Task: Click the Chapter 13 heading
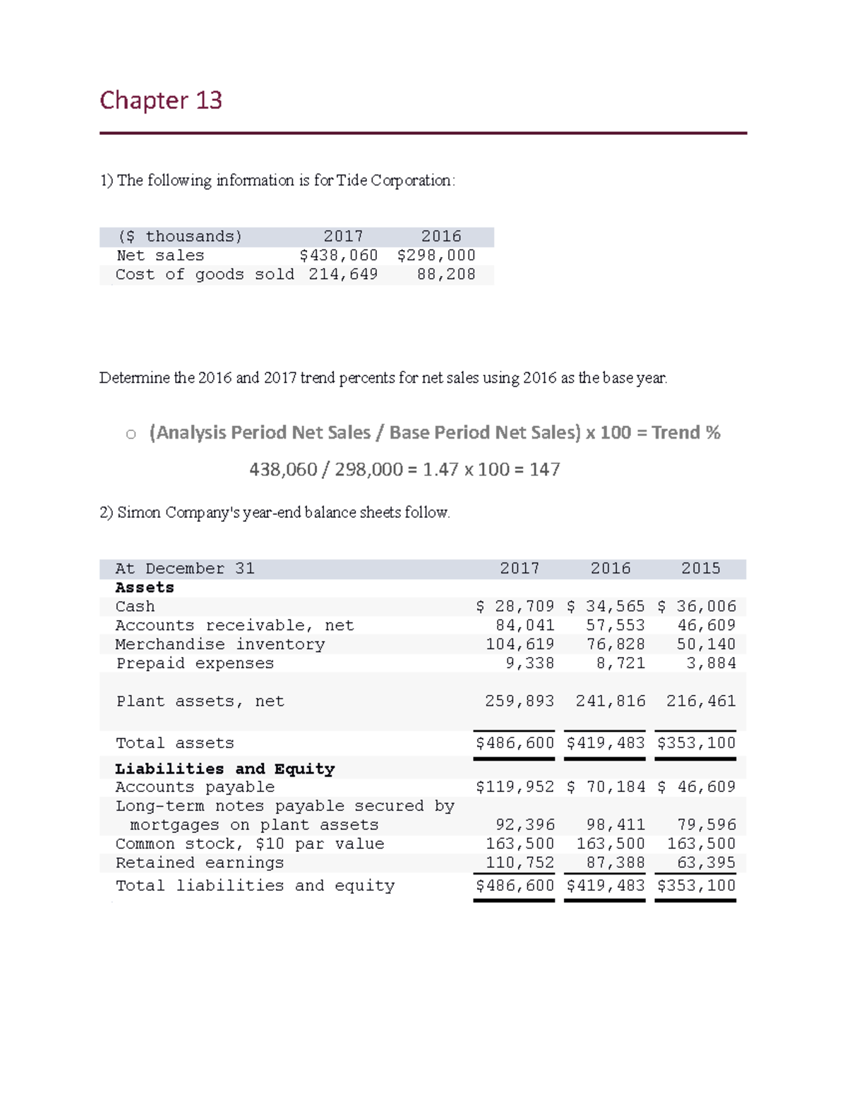pyautogui.click(x=161, y=100)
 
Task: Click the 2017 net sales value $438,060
pyautogui.click(x=339, y=256)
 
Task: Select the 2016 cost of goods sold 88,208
pyautogui.click(x=446, y=275)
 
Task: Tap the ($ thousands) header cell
pyautogui.click(x=179, y=237)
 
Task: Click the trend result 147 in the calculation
pyautogui.click(x=545, y=470)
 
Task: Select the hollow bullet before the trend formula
pyautogui.click(x=131, y=434)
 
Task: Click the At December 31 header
pyautogui.click(x=185, y=569)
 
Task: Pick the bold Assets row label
pyautogui.click(x=145, y=588)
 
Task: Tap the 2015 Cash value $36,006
pyautogui.click(x=697, y=607)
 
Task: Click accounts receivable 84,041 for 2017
pyautogui.click(x=524, y=626)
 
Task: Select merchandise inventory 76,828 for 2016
pyautogui.click(x=615, y=645)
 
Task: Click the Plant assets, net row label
pyautogui.click(x=200, y=701)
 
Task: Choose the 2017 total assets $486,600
pyautogui.click(x=515, y=743)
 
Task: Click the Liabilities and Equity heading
pyautogui.click(x=224, y=769)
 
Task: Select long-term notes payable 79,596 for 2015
pyautogui.click(x=706, y=825)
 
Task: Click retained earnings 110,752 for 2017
pyautogui.click(x=519, y=863)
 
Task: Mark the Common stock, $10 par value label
pyautogui.click(x=250, y=844)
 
